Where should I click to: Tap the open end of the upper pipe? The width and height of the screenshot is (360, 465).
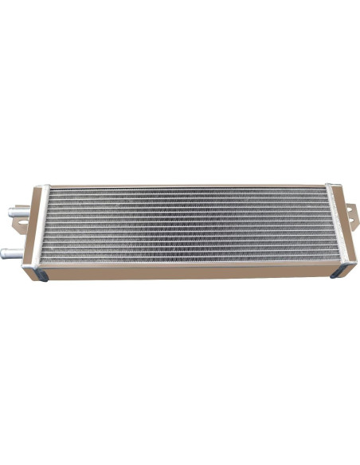click(x=10, y=213)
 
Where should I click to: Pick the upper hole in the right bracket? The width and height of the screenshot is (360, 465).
click(x=348, y=206)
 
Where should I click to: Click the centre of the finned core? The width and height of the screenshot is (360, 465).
click(x=188, y=226)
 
